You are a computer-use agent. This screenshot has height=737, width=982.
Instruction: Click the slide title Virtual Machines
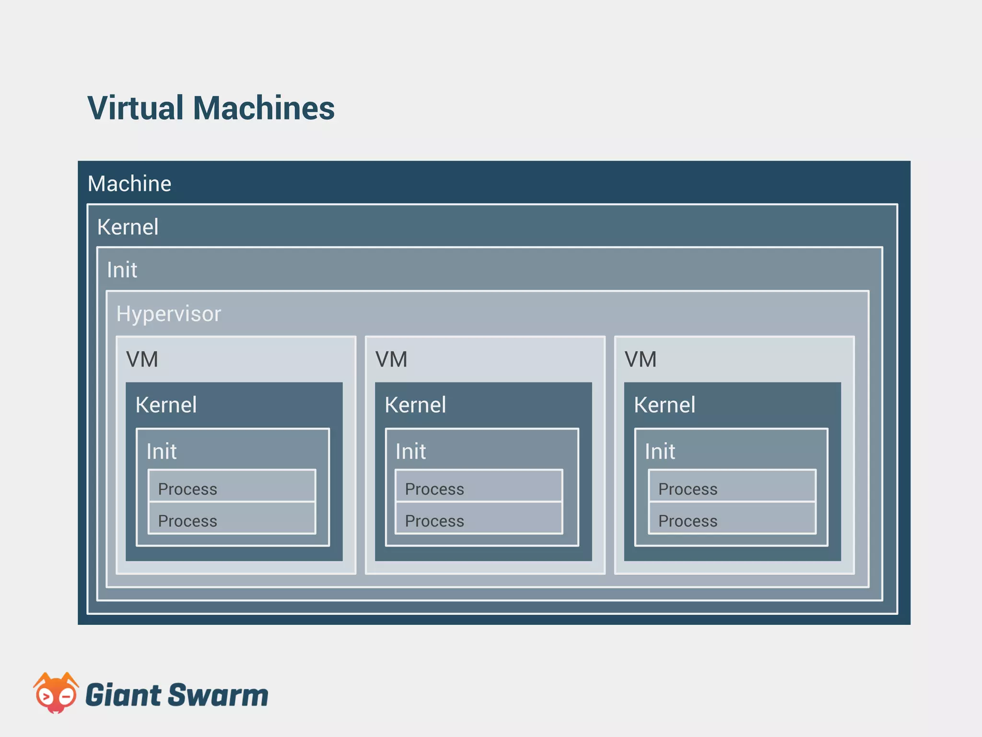(x=211, y=108)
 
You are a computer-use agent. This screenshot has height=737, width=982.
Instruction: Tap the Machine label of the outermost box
(x=129, y=184)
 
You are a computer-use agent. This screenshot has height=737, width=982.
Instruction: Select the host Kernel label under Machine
(x=128, y=227)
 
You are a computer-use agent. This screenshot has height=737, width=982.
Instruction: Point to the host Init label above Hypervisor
(x=122, y=270)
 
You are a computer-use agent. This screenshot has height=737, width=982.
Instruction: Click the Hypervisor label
(x=169, y=314)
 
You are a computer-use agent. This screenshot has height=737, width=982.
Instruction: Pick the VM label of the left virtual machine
(x=142, y=359)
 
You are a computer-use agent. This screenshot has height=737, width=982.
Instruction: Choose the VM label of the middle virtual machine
(x=391, y=359)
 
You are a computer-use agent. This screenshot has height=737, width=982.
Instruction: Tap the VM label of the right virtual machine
(x=641, y=359)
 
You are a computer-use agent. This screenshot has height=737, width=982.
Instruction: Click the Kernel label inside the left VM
(x=166, y=405)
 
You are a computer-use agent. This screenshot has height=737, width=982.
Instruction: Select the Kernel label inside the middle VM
(x=415, y=405)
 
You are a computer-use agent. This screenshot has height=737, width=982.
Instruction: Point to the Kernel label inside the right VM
(x=665, y=405)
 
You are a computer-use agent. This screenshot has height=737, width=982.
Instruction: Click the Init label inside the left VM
(x=162, y=452)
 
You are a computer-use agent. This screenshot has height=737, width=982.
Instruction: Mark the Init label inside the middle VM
(x=411, y=452)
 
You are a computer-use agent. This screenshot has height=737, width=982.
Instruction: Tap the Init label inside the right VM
(x=660, y=452)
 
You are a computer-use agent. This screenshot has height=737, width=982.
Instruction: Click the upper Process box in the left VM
(x=232, y=487)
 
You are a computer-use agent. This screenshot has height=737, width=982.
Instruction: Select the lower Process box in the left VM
(x=232, y=519)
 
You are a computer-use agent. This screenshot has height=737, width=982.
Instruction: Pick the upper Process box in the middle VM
(x=479, y=487)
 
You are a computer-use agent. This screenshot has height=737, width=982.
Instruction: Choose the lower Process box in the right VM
(x=732, y=519)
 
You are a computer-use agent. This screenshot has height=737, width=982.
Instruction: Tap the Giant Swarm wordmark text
(x=176, y=695)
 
